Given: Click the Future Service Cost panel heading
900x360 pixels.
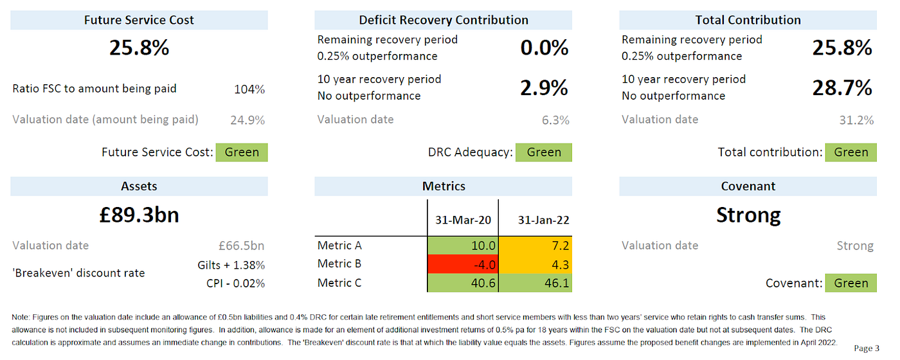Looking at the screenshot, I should (x=139, y=20).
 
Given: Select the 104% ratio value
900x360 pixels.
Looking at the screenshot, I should (x=249, y=89).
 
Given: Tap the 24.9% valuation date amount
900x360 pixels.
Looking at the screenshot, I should (x=248, y=120).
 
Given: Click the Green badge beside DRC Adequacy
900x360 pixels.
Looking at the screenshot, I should (x=544, y=152).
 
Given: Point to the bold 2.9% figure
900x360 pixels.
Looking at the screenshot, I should (x=544, y=87).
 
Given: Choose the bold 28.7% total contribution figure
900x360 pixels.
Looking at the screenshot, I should (x=842, y=87).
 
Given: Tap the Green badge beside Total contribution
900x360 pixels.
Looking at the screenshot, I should (x=851, y=152).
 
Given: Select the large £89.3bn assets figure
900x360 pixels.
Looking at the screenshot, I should (x=139, y=215).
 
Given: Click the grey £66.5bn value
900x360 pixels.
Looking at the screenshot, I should (x=242, y=246).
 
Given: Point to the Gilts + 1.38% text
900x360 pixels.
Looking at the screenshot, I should (x=231, y=265).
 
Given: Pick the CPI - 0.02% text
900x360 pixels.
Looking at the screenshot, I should (x=235, y=283).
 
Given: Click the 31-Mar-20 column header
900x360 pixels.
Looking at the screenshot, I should (x=463, y=220).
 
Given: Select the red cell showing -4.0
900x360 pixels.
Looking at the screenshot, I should (x=463, y=264).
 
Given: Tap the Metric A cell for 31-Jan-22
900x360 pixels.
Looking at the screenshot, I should (x=535, y=246).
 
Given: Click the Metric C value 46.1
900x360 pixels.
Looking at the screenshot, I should (x=535, y=283).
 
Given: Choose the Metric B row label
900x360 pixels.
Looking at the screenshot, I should (x=339, y=264).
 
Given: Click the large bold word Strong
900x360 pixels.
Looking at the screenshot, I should (x=748, y=215).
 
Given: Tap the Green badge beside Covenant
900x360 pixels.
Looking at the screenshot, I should (x=851, y=283).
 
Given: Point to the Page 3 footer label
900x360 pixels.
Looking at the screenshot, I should (x=867, y=348).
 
